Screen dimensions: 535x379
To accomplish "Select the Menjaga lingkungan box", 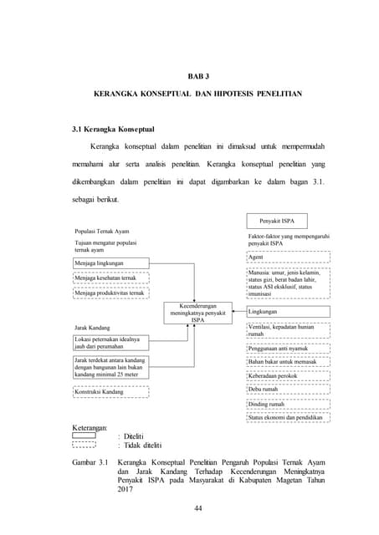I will pyautogui.click(x=110, y=263).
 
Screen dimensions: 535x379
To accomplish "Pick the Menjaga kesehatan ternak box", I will pyautogui.click(x=110, y=278).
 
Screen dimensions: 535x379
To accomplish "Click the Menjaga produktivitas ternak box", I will pyautogui.click(x=110, y=293).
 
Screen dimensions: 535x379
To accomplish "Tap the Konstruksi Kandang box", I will pyautogui.click(x=110, y=391).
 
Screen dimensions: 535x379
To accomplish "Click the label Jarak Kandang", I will pyautogui.click(x=94, y=328).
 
